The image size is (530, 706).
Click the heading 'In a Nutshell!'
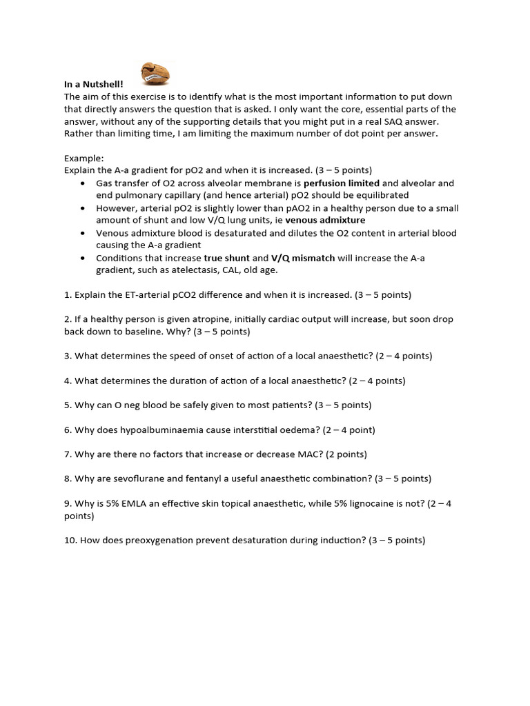coord(93,84)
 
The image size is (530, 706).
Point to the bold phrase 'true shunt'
coord(227,258)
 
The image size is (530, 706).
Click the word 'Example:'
coord(84,158)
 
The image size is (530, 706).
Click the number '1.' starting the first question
coord(68,294)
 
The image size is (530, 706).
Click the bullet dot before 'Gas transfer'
coord(84,184)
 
